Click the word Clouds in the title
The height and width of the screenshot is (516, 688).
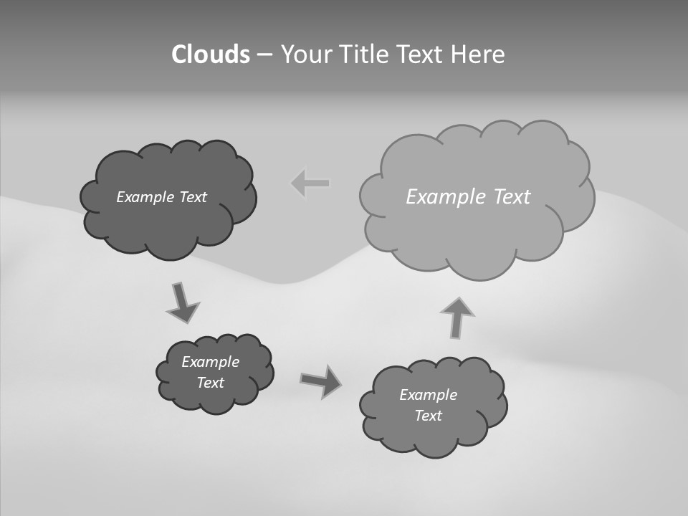tap(210, 54)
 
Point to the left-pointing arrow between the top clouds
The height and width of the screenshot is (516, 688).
tap(310, 183)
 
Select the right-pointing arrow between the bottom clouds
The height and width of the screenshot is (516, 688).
tap(320, 381)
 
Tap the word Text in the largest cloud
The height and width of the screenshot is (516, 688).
tap(512, 197)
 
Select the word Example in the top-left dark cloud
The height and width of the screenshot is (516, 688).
tap(145, 197)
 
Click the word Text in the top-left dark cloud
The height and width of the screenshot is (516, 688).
tap(193, 197)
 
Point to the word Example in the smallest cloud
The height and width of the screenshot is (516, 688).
tap(210, 362)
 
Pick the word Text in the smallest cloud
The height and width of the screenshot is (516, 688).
tap(210, 383)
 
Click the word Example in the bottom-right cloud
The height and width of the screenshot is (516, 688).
tap(428, 395)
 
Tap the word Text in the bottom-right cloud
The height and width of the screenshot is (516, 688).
tap(428, 416)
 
